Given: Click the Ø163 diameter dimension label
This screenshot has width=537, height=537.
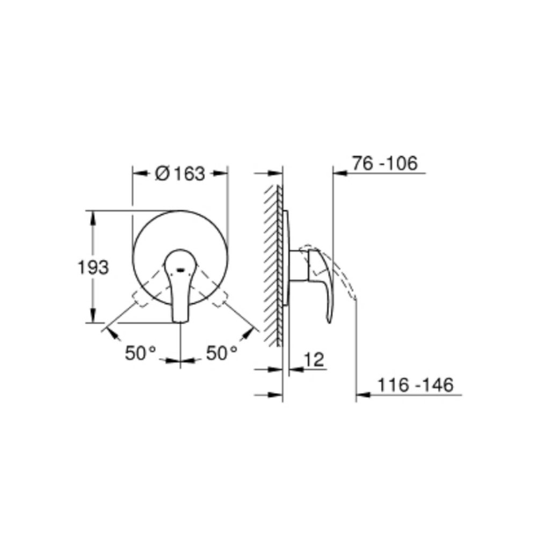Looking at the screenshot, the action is click(180, 173).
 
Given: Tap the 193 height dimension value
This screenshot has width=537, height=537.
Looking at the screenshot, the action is click(93, 267).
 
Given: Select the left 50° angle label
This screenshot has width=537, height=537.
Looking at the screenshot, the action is click(140, 353).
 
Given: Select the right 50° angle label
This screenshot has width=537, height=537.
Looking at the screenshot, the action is click(222, 353).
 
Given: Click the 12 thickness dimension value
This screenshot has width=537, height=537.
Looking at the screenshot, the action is click(314, 360).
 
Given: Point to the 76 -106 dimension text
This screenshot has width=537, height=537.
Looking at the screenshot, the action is click(385, 163).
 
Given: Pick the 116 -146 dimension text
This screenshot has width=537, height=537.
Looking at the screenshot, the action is click(416, 385).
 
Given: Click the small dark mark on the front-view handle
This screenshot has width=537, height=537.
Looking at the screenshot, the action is click(180, 270).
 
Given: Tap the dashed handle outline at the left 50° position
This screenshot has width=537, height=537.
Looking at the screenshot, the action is click(148, 288).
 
